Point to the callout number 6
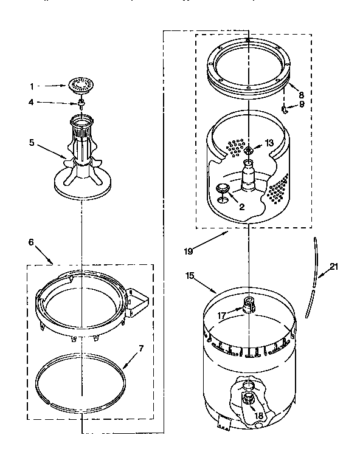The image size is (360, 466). pyautogui.click(x=31, y=242)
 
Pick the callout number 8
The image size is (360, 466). pyautogui.click(x=300, y=94)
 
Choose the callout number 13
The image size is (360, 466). pyautogui.click(x=269, y=143)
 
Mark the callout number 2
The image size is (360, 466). pyautogui.click(x=242, y=207)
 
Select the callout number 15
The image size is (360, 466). pyautogui.click(x=190, y=276)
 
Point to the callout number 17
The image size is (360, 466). pyautogui.click(x=222, y=315)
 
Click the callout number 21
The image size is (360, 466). pyautogui.click(x=334, y=266)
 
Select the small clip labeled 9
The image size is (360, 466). pyautogui.click(x=284, y=109)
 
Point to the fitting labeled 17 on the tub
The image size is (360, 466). pyautogui.click(x=247, y=304)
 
